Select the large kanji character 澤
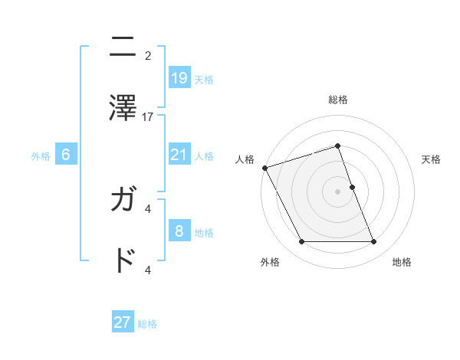click(x=123, y=106)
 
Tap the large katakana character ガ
click(x=123, y=201)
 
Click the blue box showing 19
click(x=179, y=77)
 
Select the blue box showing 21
click(x=179, y=155)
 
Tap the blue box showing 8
click(x=179, y=231)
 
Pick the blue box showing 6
click(x=66, y=155)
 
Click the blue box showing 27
click(x=123, y=322)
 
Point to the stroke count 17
click(x=149, y=117)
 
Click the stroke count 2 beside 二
click(x=148, y=55)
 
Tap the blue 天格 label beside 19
click(x=204, y=79)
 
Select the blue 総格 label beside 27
click(x=147, y=324)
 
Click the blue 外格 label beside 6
click(x=41, y=156)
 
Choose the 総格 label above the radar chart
click(x=337, y=100)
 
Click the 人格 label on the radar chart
click(x=245, y=159)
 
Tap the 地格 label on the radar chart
click(x=402, y=262)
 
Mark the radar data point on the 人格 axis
click(x=264, y=168)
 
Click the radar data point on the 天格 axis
click(x=352, y=187)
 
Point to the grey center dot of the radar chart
click(x=337, y=191)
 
